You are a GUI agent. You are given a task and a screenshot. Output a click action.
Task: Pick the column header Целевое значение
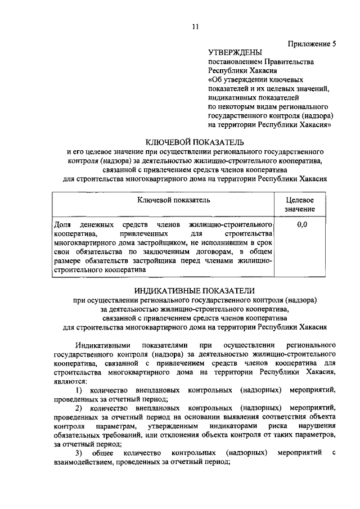(300, 205)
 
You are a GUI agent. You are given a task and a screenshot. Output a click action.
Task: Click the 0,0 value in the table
(301, 224)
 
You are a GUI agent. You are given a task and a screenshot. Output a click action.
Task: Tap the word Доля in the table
(61, 224)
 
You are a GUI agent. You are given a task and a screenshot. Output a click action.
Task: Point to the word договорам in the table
(210, 251)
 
